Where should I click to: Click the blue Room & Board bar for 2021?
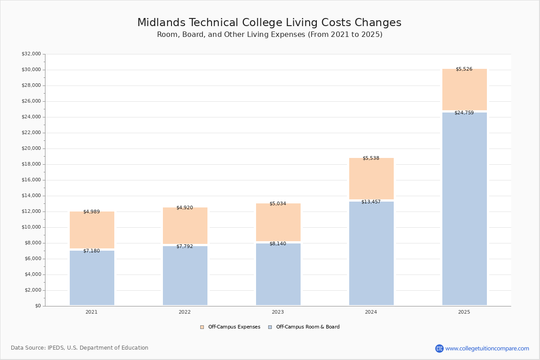(92, 278)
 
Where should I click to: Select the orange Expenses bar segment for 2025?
(464, 90)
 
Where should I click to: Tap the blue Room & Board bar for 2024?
(371, 253)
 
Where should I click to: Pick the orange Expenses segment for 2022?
(185, 226)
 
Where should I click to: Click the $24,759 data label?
(464, 113)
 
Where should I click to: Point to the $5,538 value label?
(371, 158)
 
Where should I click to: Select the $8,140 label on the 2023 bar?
(278, 244)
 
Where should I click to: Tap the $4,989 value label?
(91, 212)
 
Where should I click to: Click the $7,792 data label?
(184, 247)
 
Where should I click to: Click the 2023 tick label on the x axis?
(278, 312)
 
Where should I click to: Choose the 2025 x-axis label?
(464, 312)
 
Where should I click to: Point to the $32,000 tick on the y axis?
(31, 54)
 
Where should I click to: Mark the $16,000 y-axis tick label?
(31, 180)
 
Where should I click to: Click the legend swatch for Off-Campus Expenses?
(202, 327)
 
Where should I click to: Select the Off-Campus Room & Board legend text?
(308, 327)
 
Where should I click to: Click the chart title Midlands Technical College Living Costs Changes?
(269, 23)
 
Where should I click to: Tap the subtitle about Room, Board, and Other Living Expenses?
(270, 35)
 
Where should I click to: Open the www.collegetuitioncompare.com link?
(487, 348)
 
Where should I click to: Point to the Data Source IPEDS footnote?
(80, 348)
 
